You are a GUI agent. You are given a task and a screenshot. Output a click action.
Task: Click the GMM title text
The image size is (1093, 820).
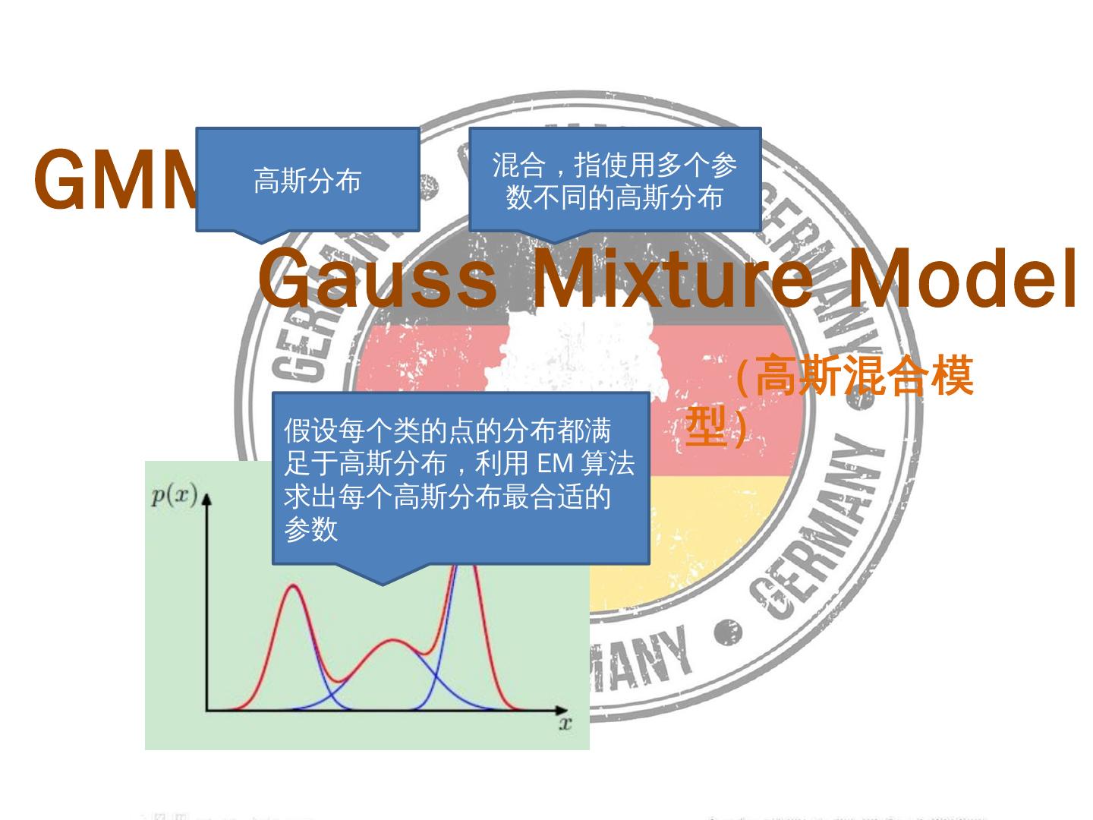(x=114, y=181)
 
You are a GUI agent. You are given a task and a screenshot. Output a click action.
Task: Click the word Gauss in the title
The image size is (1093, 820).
(x=377, y=279)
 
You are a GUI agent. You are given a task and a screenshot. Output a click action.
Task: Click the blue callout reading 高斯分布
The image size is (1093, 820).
(x=307, y=180)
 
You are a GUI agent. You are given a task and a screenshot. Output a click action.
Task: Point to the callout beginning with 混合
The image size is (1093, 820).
(x=615, y=180)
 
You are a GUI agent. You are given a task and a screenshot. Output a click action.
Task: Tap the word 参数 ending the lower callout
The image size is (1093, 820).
(x=310, y=529)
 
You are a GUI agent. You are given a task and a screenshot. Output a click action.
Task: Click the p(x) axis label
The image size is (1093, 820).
(x=174, y=497)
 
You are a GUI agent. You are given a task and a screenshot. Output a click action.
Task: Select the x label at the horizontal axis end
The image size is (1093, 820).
(x=565, y=723)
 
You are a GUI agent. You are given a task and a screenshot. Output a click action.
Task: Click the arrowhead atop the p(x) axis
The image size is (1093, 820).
(x=206, y=498)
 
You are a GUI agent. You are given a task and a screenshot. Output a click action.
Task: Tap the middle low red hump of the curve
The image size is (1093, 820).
(x=392, y=642)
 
